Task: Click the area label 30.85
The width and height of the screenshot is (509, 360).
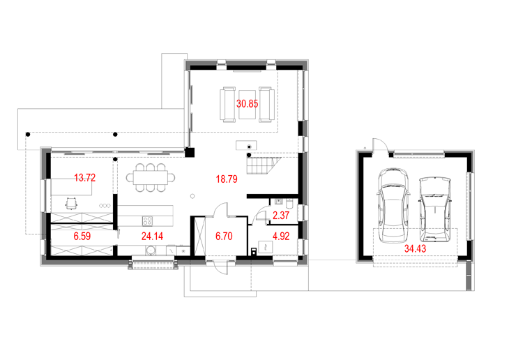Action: click(x=248, y=104)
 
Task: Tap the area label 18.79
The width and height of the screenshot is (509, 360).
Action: click(x=227, y=179)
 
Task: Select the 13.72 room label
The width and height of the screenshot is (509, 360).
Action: click(x=85, y=178)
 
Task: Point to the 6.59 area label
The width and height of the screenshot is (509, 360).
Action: click(x=82, y=237)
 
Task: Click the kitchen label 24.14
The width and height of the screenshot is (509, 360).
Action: click(x=152, y=237)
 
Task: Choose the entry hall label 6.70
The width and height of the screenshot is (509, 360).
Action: click(x=224, y=237)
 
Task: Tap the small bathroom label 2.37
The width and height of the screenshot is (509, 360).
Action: click(x=281, y=216)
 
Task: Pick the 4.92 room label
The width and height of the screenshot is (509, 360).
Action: click(x=281, y=237)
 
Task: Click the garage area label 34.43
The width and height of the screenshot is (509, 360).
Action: click(x=415, y=249)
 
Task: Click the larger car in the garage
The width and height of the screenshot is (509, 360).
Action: click(x=393, y=205)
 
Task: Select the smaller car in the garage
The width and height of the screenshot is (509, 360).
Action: click(x=435, y=209)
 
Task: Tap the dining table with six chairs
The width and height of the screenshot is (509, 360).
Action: click(x=151, y=177)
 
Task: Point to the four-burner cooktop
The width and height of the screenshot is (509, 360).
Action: click(x=147, y=221)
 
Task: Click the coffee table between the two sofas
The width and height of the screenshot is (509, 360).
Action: click(x=248, y=105)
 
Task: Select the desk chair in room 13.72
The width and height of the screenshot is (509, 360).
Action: click(x=71, y=204)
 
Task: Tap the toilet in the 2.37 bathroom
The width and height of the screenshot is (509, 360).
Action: click(x=290, y=204)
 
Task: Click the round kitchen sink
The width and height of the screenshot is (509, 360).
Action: click(x=151, y=250)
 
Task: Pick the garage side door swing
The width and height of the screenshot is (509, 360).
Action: click(x=381, y=144)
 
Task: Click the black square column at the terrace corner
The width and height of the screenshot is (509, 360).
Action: click(x=190, y=152)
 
